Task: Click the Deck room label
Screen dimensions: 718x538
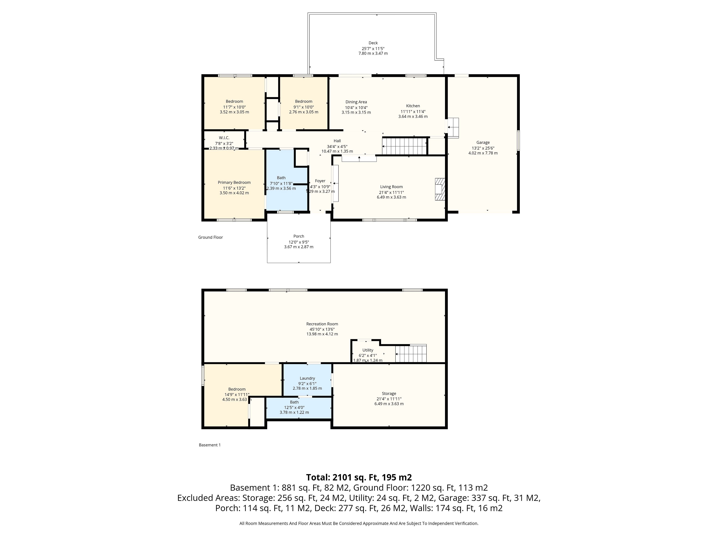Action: click(x=373, y=43)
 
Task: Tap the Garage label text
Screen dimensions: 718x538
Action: click(x=483, y=142)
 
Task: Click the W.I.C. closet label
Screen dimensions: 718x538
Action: click(x=224, y=138)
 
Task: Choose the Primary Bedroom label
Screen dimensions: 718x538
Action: click(x=234, y=183)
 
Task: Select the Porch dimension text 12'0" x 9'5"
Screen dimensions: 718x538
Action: click(x=299, y=242)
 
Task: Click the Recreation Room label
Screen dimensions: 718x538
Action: click(x=322, y=324)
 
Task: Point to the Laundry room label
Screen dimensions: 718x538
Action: click(x=307, y=378)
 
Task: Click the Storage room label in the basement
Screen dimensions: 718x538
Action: click(x=389, y=393)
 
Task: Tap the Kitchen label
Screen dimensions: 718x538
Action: click(x=413, y=106)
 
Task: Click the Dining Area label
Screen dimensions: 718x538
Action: click(x=356, y=102)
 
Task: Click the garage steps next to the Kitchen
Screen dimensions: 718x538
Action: click(x=453, y=128)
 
